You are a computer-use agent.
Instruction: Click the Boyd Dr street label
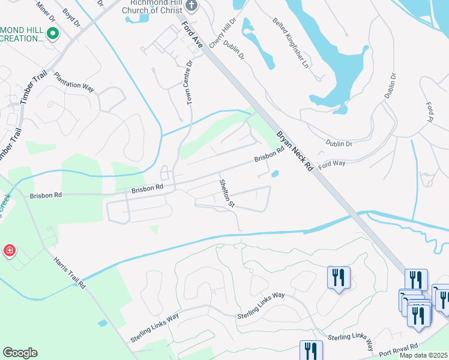point(71,18)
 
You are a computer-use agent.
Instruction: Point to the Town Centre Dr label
point(190,83)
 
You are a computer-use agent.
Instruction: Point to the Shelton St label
point(226,193)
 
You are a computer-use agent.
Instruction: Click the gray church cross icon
point(191,6)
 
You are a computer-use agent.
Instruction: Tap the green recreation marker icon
point(53,34)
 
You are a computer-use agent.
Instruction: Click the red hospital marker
point(9,251)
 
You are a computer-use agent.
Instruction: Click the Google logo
point(20,353)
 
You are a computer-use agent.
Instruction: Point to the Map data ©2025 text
point(424,355)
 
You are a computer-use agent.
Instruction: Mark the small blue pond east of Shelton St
point(275,175)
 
